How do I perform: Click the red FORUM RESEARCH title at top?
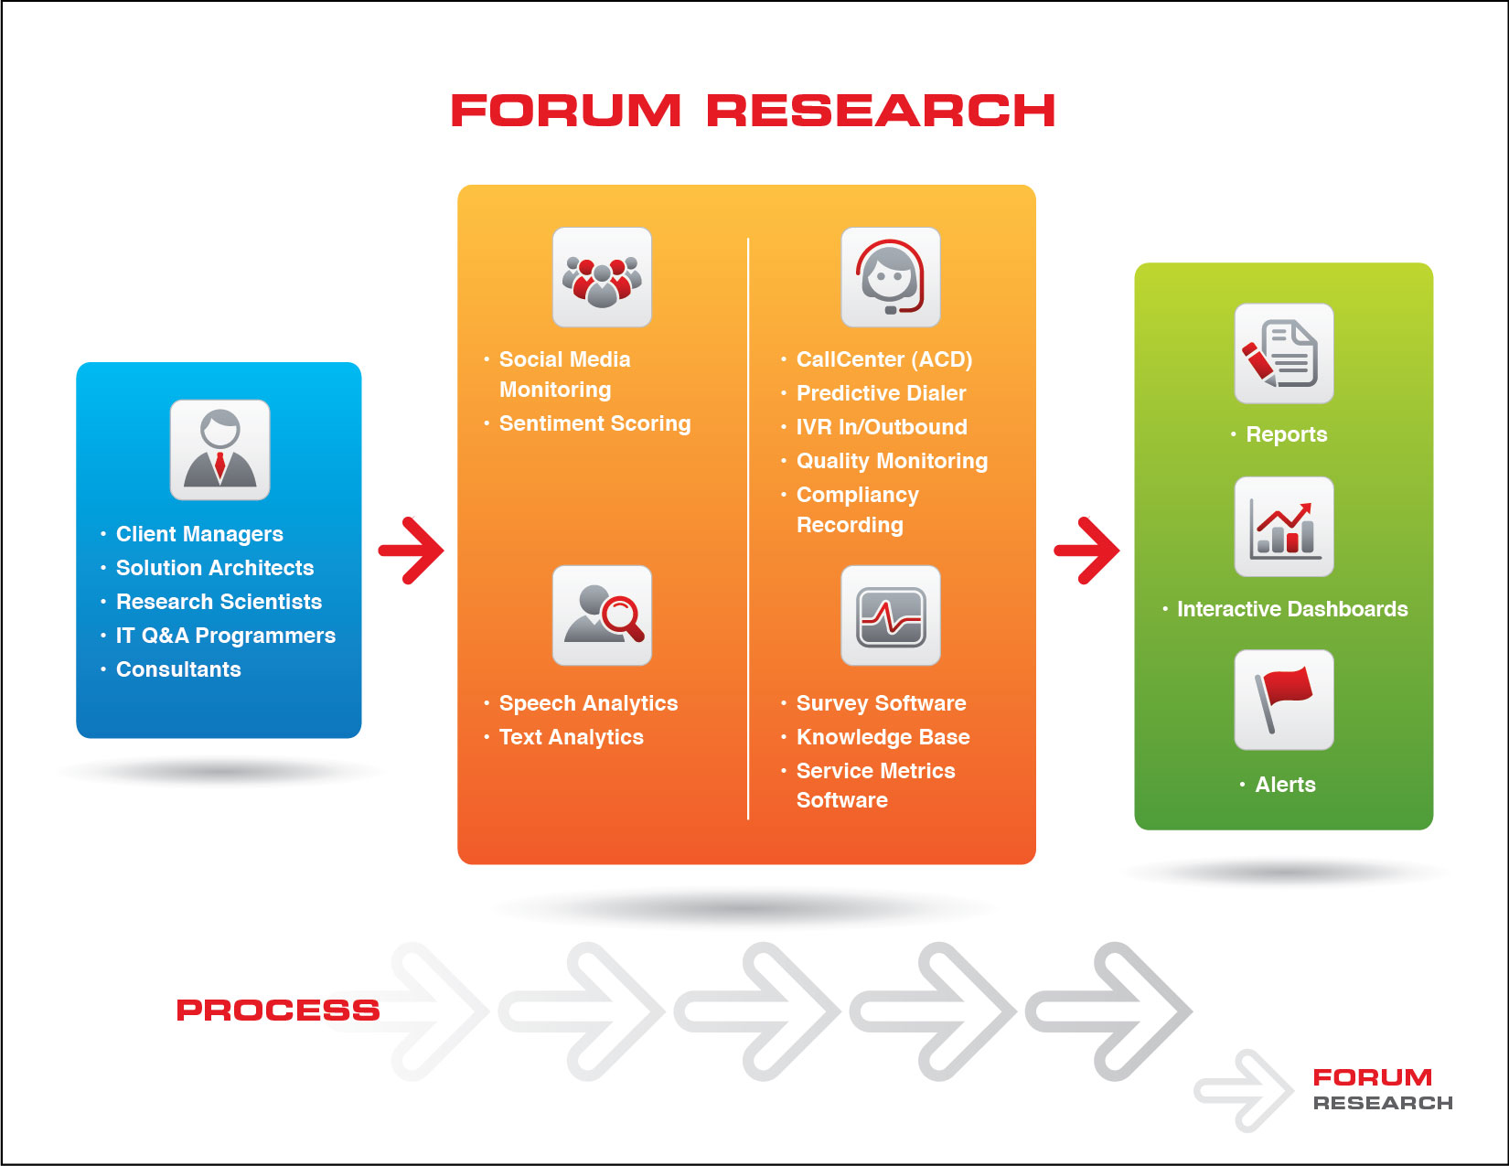753,111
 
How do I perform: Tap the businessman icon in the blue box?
219,449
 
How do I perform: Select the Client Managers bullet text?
199,533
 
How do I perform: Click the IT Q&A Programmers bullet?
225,635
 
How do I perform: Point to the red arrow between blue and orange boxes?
412,550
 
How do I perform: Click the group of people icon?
602,277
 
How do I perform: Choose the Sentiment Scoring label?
594,423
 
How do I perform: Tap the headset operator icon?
890,277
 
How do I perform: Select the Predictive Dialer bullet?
881,393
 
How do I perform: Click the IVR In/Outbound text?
882,426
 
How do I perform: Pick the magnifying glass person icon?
602,615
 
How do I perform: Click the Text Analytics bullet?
571,737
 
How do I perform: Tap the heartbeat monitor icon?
890,615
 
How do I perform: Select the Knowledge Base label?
883,737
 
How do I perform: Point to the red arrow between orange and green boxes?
1086,550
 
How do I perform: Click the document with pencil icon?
1283,354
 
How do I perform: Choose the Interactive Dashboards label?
1291,609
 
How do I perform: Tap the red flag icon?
1283,700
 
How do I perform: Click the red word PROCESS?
278,1010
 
